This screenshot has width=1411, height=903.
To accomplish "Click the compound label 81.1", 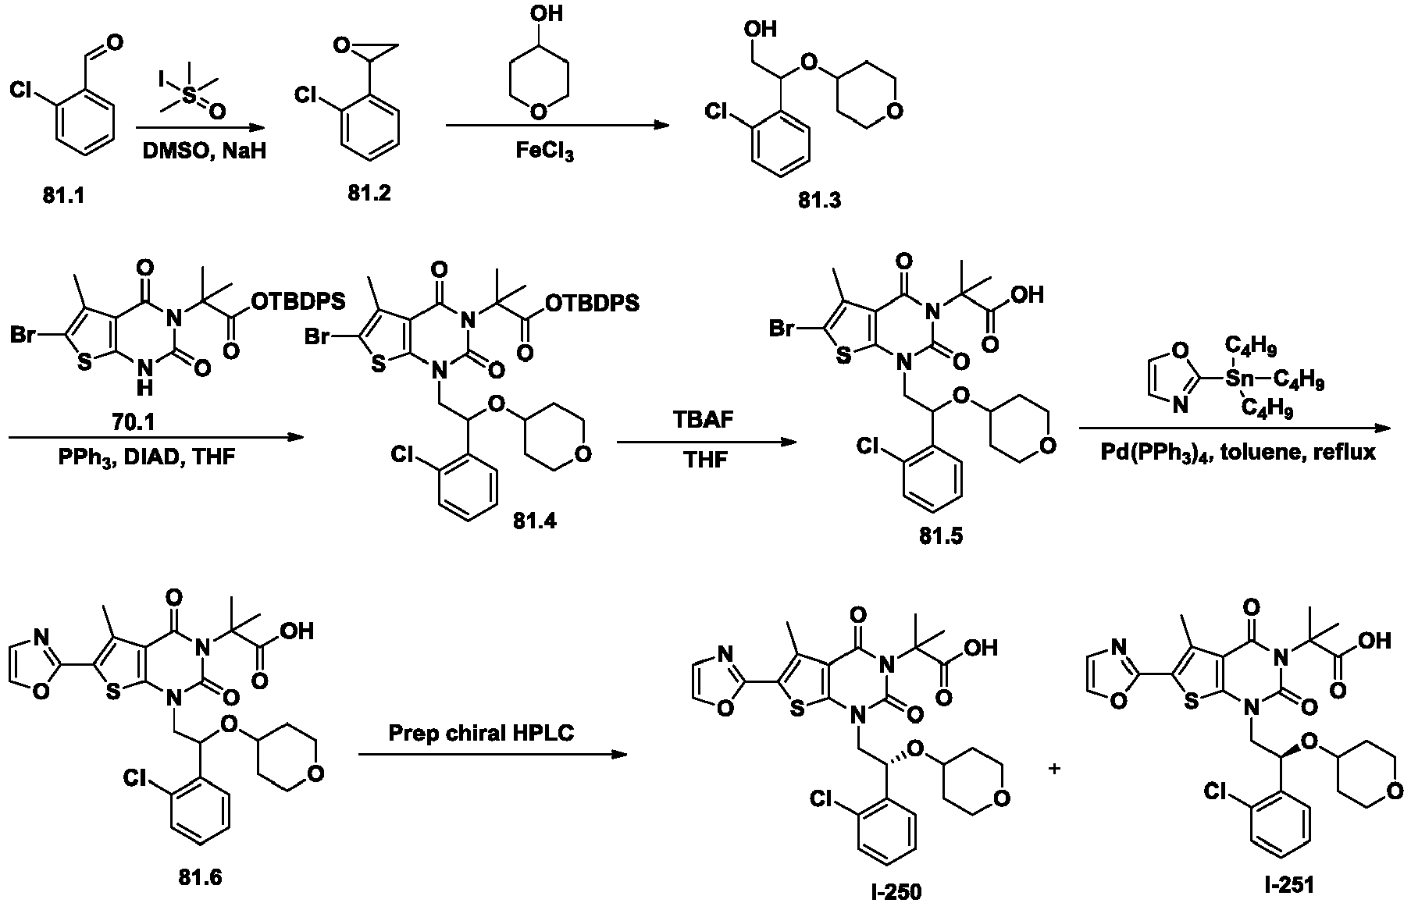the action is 64,196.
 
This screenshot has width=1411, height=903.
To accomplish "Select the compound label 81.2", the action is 369,192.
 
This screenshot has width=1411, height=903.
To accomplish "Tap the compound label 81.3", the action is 820,200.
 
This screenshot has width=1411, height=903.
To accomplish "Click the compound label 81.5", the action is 942,536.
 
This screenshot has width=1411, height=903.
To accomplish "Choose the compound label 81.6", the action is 200,877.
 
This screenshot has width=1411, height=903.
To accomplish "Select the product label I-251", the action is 1291,884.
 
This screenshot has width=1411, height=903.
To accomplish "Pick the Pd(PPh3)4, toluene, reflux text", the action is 1234,453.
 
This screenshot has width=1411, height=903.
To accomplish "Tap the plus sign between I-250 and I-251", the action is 1054,768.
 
